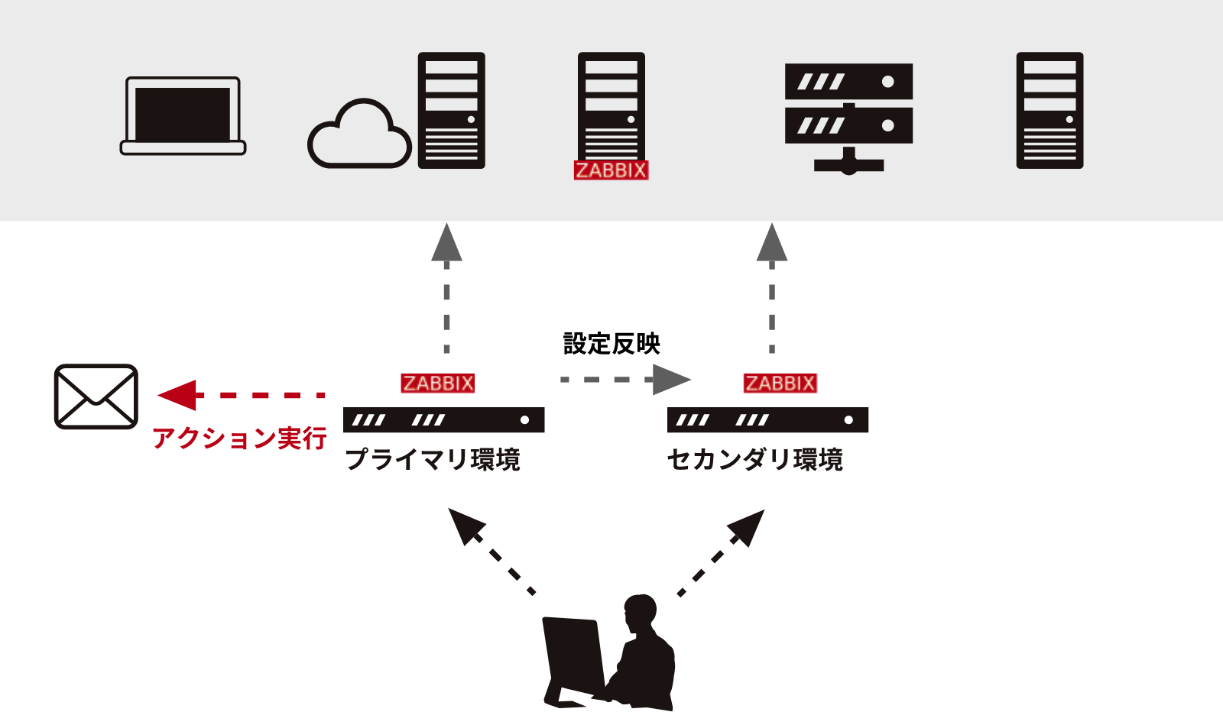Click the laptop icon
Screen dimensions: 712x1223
point(183,115)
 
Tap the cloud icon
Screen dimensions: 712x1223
point(359,136)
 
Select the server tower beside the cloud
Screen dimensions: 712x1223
point(451,110)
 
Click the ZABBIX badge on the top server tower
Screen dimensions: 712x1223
point(611,170)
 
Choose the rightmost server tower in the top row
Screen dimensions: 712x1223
point(1049,110)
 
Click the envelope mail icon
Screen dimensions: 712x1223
point(96,396)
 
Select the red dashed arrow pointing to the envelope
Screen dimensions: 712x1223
point(242,395)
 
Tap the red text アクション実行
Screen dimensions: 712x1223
point(239,439)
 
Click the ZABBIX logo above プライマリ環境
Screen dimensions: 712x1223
point(438,383)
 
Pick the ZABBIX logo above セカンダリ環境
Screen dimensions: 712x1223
point(780,383)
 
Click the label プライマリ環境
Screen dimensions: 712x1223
point(433,460)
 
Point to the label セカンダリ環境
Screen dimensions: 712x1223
point(755,460)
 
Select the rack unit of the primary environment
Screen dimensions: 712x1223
point(443,420)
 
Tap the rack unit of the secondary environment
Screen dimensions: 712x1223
point(767,420)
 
